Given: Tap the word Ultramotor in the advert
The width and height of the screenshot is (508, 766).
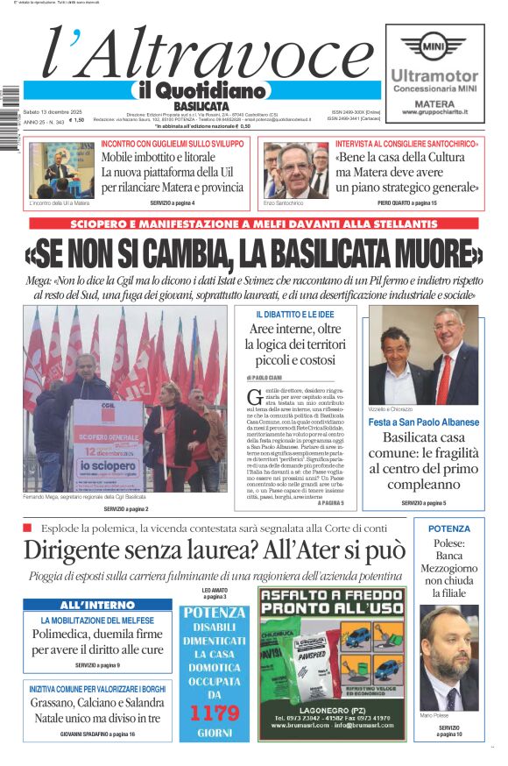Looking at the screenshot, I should click(434, 76).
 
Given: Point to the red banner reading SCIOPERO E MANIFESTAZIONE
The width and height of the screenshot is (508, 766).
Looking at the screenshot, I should click(253, 224).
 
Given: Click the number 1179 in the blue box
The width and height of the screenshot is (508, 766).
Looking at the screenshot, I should click(215, 713).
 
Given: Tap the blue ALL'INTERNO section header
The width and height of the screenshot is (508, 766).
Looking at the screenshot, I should click(97, 605).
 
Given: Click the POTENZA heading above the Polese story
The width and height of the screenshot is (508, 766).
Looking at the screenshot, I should click(449, 528).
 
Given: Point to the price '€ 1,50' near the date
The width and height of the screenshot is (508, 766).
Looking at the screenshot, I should click(77, 120).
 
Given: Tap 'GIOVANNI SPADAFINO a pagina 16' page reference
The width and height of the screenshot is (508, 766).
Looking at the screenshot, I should click(97, 734).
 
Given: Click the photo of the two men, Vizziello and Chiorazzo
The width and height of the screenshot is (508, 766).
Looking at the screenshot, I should click(424, 355).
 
